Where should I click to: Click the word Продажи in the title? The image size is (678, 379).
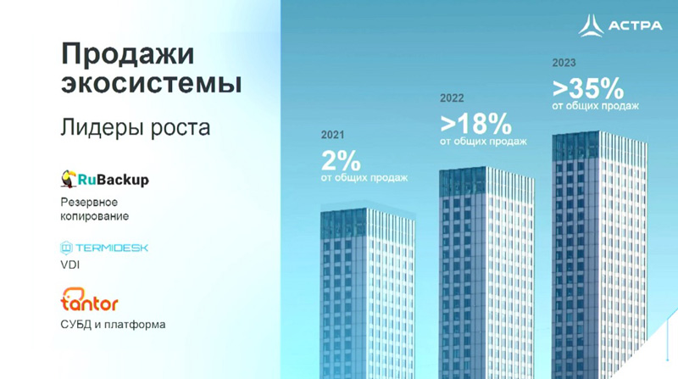[128, 55]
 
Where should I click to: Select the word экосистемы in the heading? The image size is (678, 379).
[151, 83]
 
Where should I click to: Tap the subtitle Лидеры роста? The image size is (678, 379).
[136, 128]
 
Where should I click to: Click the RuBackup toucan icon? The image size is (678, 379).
[69, 179]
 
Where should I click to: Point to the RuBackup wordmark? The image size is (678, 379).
[114, 180]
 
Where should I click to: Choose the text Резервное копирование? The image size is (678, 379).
[95, 209]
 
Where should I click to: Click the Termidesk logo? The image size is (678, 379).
[104, 248]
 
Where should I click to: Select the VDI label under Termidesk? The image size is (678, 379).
[70, 265]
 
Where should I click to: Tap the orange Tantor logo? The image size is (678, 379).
[89, 299]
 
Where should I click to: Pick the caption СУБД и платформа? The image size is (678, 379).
[113, 325]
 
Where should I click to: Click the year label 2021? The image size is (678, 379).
[332, 135]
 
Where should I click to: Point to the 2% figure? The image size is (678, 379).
[341, 160]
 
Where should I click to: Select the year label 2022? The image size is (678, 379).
[452, 98]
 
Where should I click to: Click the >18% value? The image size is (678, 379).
[475, 124]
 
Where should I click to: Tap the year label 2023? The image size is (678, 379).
[564, 63]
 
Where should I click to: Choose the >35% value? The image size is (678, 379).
[588, 88]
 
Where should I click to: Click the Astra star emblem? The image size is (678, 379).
[591, 25]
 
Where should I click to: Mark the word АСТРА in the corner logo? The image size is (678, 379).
[635, 25]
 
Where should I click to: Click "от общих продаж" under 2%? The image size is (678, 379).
[364, 178]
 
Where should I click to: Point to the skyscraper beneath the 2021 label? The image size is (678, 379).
[368, 293]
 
